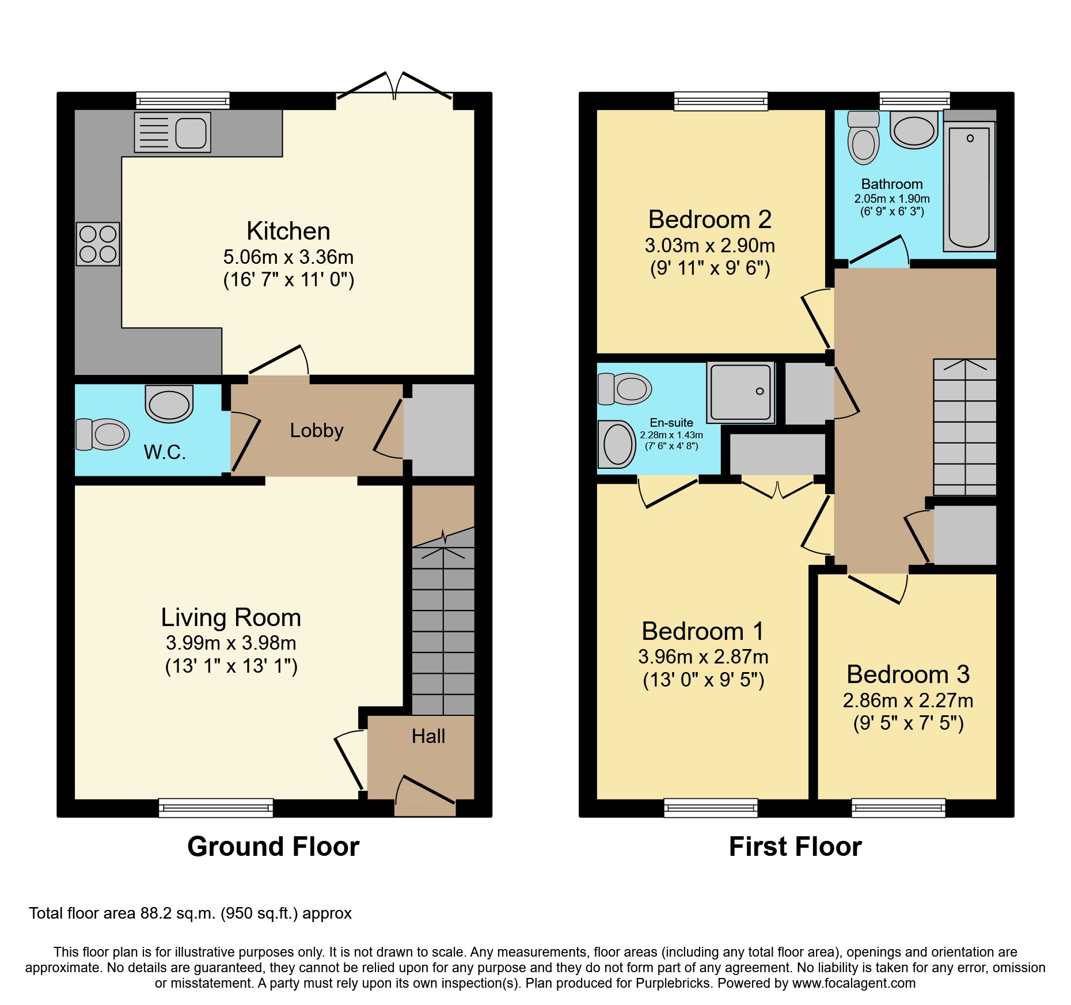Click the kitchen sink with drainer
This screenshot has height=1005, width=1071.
click(x=172, y=132)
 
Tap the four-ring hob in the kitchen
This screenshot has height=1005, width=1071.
click(x=98, y=244)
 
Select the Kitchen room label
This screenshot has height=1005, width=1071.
click(x=288, y=231)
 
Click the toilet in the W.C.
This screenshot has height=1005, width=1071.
click(x=102, y=434)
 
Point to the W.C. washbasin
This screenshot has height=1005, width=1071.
click(x=169, y=404)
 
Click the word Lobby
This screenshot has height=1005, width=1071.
click(x=316, y=430)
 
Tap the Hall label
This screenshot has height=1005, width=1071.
click(x=428, y=736)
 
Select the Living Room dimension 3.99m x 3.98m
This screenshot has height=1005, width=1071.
click(x=231, y=643)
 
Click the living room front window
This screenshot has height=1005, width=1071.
click(x=216, y=807)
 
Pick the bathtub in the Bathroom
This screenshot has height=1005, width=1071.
click(x=969, y=187)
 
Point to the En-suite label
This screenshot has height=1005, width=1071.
click(x=671, y=422)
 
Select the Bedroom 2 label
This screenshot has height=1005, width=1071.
click(x=709, y=219)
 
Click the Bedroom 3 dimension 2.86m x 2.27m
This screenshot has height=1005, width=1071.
click(x=907, y=700)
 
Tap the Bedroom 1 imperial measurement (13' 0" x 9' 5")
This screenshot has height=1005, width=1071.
click(x=703, y=680)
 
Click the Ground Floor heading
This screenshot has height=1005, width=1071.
click(x=273, y=847)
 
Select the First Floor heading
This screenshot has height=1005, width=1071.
click(x=795, y=847)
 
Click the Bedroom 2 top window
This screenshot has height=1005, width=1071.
click(x=721, y=101)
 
